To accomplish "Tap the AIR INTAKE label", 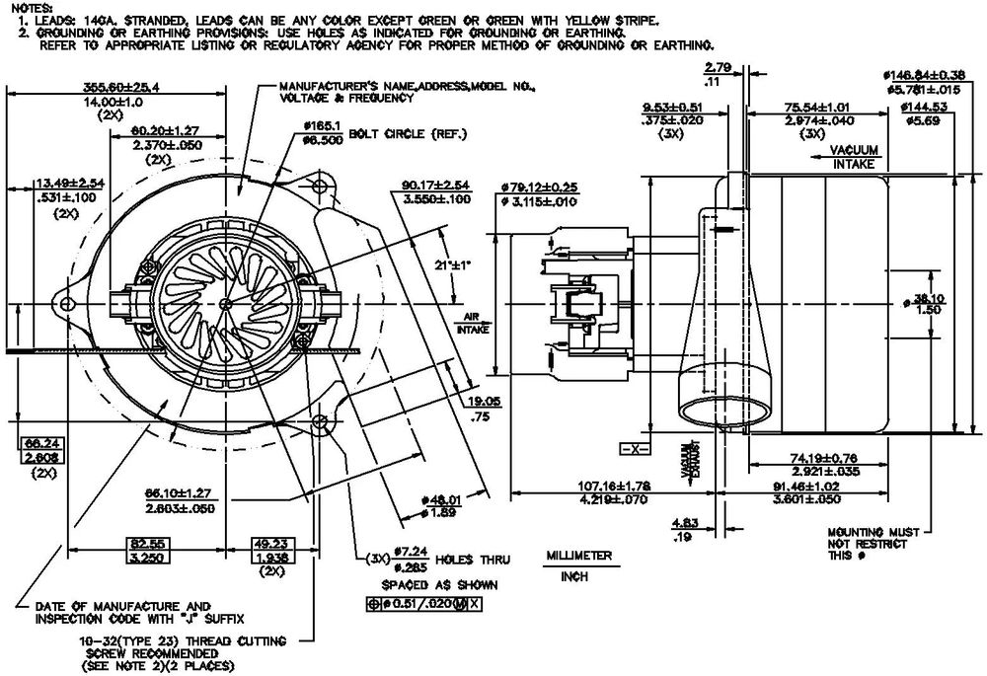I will coord(472,323).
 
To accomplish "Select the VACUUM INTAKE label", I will coord(855,157).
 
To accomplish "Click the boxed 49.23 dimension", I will coord(265,550).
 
